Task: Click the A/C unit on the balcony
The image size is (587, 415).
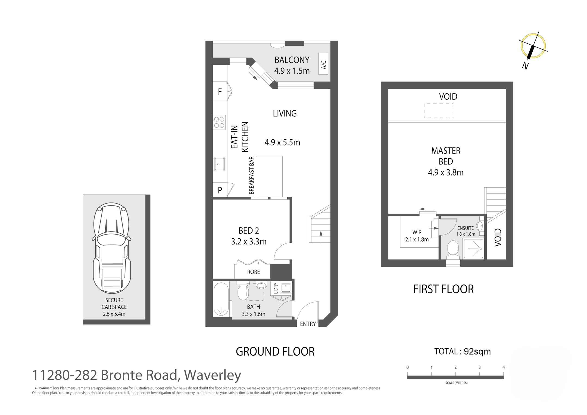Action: [323, 64]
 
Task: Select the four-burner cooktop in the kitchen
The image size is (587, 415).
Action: [219, 122]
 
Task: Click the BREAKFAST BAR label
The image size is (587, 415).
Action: [251, 175]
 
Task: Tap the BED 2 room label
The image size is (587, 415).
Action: [249, 231]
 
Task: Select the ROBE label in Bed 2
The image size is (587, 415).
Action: [253, 272]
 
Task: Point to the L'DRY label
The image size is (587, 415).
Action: [276, 288]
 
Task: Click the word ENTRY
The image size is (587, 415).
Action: [308, 324]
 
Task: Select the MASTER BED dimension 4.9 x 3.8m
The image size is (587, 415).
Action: [446, 173]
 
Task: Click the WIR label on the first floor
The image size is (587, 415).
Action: [417, 232]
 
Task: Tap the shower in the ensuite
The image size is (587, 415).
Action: [473, 248]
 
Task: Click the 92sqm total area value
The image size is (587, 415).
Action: [477, 351]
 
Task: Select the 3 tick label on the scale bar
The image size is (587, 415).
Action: [479, 367]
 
